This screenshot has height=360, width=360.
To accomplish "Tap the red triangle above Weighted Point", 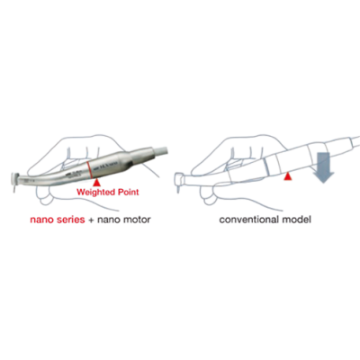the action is pos(96,183).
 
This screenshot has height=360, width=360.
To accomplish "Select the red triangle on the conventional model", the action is pos(288,177).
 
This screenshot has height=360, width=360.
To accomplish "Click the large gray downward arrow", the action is pos(323,167).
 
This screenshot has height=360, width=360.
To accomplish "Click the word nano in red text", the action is pos(42,220).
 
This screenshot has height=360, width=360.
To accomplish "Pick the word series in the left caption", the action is pos(70,220).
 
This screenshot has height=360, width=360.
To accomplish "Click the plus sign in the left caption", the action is pos(91,220).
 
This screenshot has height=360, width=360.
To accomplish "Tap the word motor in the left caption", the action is pos(137,220).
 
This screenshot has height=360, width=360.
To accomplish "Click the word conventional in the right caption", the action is pos(249,220).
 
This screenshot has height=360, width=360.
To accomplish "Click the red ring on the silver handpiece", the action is pos(89,170).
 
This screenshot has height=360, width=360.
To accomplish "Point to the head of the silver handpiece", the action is pos(15,178).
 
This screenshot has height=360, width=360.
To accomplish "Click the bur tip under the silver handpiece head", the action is pos(13,189).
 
